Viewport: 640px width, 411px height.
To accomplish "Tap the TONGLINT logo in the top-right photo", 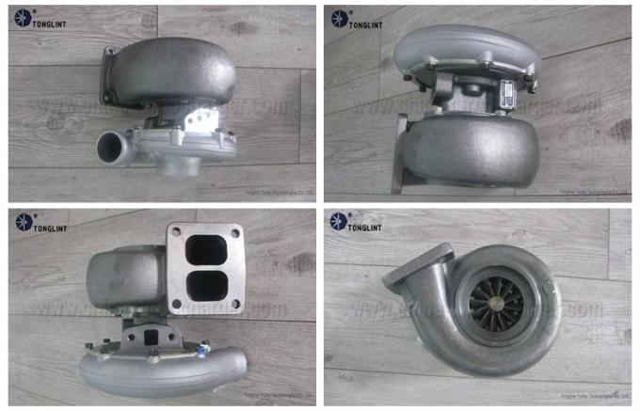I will pos(357,22).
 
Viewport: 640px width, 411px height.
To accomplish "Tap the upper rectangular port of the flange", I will pos(205,249).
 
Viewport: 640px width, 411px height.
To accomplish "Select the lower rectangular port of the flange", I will pos(205,284).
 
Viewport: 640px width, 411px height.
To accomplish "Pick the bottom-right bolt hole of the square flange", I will pos(234,303).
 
